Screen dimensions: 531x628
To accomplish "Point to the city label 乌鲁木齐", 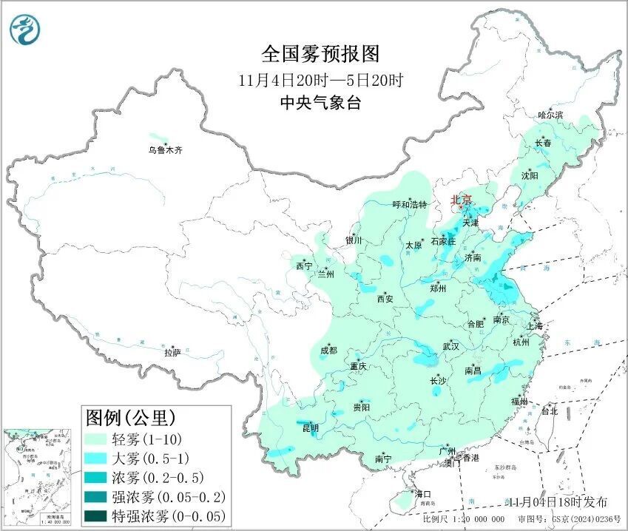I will tap(164, 150).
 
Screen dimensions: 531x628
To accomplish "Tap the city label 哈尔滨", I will tap(550, 115).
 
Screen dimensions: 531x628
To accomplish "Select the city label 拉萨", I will tap(172, 354).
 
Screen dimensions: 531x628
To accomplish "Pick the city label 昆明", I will tap(311, 428).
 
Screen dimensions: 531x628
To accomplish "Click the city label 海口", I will tap(422, 493).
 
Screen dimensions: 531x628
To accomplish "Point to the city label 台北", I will tap(549, 410).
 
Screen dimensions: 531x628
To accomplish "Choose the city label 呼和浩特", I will tap(410, 205).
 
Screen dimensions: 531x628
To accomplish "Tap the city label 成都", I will tap(328, 351).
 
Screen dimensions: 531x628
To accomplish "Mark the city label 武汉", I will tap(450, 346).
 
